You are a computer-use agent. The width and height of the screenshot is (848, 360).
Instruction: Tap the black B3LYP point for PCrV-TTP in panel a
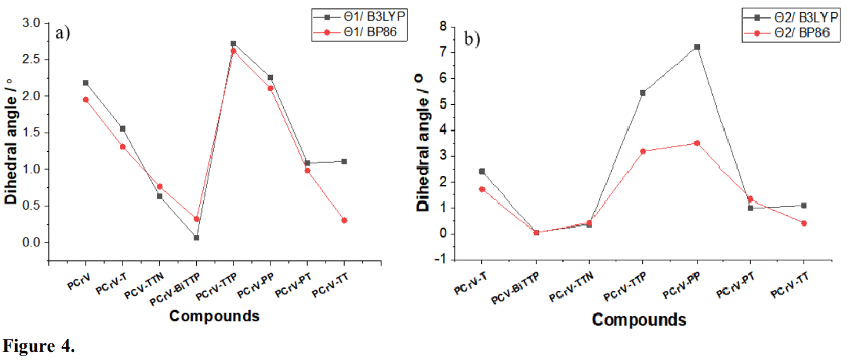pos(234,44)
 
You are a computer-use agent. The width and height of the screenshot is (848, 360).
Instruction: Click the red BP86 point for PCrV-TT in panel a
pos(344,220)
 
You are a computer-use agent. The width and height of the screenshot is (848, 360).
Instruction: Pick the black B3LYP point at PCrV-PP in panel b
pos(697,47)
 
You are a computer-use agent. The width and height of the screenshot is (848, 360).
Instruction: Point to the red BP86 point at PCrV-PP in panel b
pos(697,143)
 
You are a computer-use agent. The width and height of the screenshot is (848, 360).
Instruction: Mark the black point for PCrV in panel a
pos(86,83)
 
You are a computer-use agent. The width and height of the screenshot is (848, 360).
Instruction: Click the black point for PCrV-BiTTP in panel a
pos(197,237)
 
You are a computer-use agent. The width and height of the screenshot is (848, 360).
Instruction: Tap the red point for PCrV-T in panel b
pos(482,189)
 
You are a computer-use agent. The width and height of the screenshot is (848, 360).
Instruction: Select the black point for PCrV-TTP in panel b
pos(643,93)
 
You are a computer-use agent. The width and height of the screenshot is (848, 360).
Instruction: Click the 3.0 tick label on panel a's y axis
pos(31,23)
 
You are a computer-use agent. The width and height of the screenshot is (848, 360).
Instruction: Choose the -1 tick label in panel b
pos(440,260)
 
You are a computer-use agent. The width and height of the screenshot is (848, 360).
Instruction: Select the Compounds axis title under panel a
pos(215,316)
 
